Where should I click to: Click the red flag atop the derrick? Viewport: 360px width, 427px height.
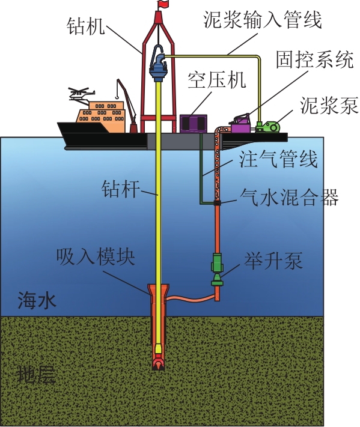click(163, 4)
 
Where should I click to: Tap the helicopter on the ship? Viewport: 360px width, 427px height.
click(81, 94)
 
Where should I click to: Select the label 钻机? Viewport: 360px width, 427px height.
click(85, 26)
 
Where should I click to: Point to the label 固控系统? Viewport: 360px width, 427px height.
click(315, 59)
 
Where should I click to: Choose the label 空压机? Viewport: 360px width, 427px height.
click(216, 80)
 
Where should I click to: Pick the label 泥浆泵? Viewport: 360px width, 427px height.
click(329, 105)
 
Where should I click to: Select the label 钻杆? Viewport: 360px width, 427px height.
click(121, 189)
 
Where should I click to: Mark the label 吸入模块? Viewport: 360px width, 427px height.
click(96, 257)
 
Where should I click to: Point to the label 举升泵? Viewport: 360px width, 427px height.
click(273, 261)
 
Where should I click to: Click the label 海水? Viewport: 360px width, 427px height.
click(37, 300)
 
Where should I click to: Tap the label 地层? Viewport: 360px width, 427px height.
click(37, 375)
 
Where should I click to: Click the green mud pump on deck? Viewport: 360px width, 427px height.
click(268, 127)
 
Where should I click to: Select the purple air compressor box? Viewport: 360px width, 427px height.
click(194, 124)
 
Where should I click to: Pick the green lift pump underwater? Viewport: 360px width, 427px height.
click(217, 269)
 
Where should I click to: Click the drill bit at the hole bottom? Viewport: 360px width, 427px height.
click(159, 363)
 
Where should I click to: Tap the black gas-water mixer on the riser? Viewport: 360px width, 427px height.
click(217, 203)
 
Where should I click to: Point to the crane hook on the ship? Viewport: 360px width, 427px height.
click(117, 95)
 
